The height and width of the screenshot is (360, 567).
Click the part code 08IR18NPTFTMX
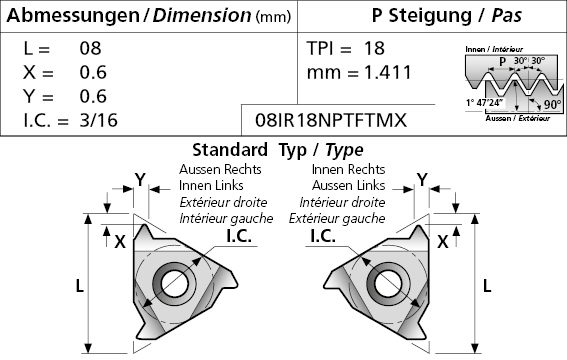click(331, 120)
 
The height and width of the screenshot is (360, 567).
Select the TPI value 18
click(374, 48)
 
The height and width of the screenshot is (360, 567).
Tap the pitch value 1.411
click(388, 72)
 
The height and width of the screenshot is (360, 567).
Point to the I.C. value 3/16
click(98, 120)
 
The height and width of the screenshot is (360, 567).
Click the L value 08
click(90, 48)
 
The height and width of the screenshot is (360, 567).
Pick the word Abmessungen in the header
click(73, 16)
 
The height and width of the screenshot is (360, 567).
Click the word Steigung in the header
click(430, 16)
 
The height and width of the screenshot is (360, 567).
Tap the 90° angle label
click(553, 104)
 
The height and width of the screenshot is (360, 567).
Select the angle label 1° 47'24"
click(485, 103)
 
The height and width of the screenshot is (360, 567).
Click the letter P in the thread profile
click(502, 61)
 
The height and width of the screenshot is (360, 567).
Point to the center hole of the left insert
click(175, 283)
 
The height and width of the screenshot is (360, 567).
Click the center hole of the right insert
click(388, 283)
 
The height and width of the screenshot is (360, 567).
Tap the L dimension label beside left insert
click(79, 286)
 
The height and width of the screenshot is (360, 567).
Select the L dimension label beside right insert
click(487, 286)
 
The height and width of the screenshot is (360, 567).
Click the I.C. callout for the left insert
click(239, 236)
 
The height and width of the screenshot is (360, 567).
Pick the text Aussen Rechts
click(220, 169)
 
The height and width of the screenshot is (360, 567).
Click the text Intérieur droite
click(342, 202)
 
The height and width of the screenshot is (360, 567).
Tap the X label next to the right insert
click(443, 241)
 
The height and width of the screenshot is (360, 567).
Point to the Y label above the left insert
click(140, 180)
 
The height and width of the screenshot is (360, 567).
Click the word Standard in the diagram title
click(230, 150)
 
